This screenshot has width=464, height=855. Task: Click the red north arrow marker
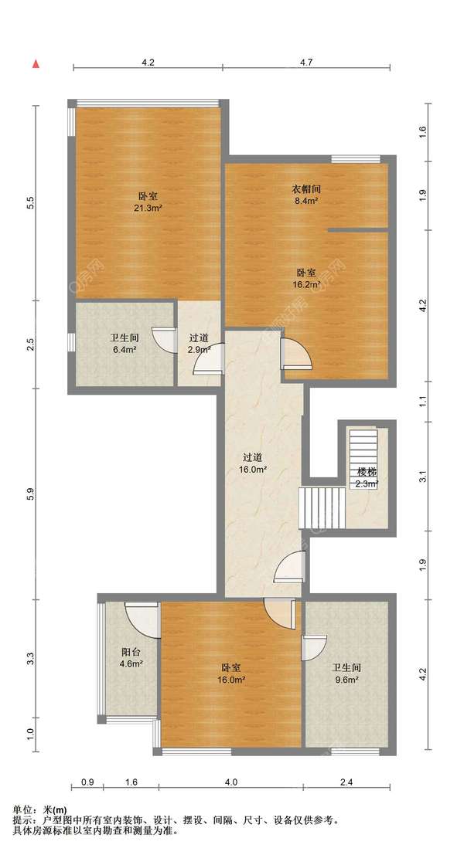[36, 64]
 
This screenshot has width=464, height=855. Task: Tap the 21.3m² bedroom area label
[148, 202]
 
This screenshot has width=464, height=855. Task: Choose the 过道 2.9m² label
[199, 344]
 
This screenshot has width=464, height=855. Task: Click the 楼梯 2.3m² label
[367, 476]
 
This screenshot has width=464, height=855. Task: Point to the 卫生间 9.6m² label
[346, 673]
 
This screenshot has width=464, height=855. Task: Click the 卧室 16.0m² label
[232, 673]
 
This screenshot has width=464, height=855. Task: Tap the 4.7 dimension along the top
[305, 62]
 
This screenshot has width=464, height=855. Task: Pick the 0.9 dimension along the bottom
[87, 782]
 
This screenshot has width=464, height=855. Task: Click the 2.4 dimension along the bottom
[346, 782]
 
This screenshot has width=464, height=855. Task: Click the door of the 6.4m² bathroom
[164, 340]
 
